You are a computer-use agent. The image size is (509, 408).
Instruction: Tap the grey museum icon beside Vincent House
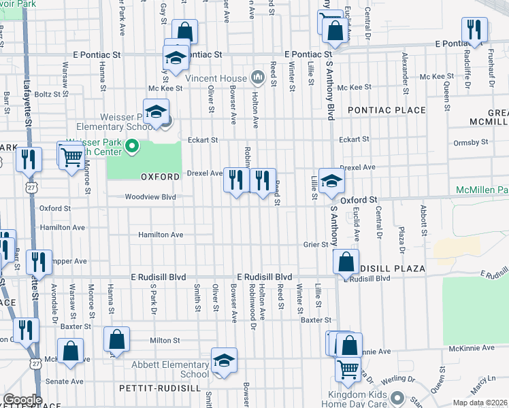pos(257,78)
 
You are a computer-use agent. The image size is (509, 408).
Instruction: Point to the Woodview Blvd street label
pos(150,197)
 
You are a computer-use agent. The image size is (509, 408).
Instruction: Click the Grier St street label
pos(316,244)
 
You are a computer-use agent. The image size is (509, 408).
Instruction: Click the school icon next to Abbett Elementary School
pos(223,362)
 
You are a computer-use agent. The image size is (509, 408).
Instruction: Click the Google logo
pos(22,400)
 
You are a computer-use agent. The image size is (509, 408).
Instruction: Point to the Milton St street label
pos(165,340)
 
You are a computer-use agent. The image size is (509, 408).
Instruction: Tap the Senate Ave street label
pos(65,381)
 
